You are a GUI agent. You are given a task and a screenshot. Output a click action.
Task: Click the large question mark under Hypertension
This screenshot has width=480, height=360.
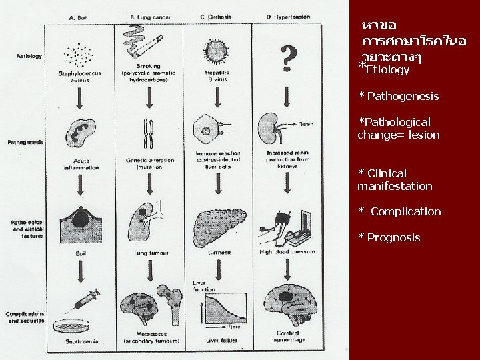[287, 59]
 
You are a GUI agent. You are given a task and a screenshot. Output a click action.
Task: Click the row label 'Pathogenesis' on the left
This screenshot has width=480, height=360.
[25, 142]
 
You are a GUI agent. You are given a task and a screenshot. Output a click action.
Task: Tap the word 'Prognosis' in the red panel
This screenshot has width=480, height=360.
[393, 237]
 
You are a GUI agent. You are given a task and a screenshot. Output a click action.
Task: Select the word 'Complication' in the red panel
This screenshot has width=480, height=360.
[405, 211]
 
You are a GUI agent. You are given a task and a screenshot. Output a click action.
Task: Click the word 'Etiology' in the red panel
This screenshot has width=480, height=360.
[388, 69]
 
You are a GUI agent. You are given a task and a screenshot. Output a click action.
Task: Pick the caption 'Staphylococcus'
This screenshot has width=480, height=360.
[80, 73]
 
